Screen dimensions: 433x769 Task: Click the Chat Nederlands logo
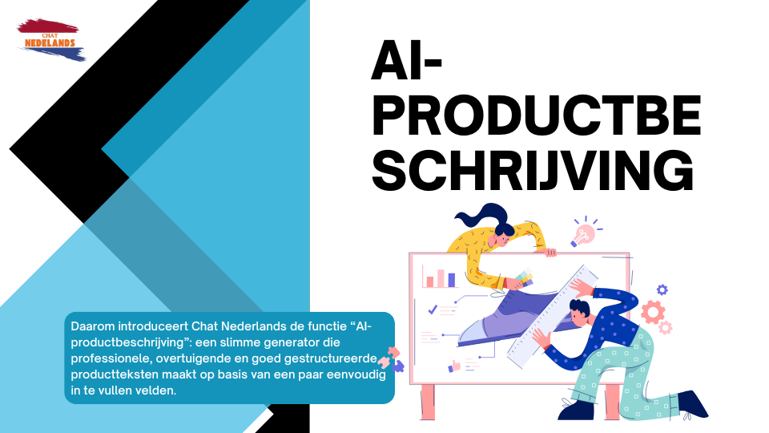50,40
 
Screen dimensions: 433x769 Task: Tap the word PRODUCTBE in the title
536,119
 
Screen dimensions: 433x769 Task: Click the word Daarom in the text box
92,327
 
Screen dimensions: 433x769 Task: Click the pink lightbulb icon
585,233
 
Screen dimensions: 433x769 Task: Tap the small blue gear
662,289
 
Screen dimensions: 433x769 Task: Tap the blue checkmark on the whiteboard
433,309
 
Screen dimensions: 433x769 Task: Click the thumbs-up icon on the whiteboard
456,366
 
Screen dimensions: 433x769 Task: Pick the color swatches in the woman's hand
522,277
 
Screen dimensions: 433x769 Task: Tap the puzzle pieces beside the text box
395,358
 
